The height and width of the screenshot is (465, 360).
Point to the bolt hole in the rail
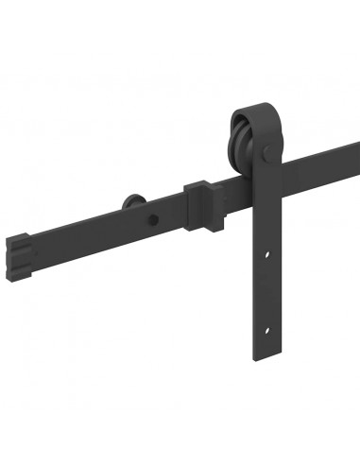(x=150, y=218)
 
